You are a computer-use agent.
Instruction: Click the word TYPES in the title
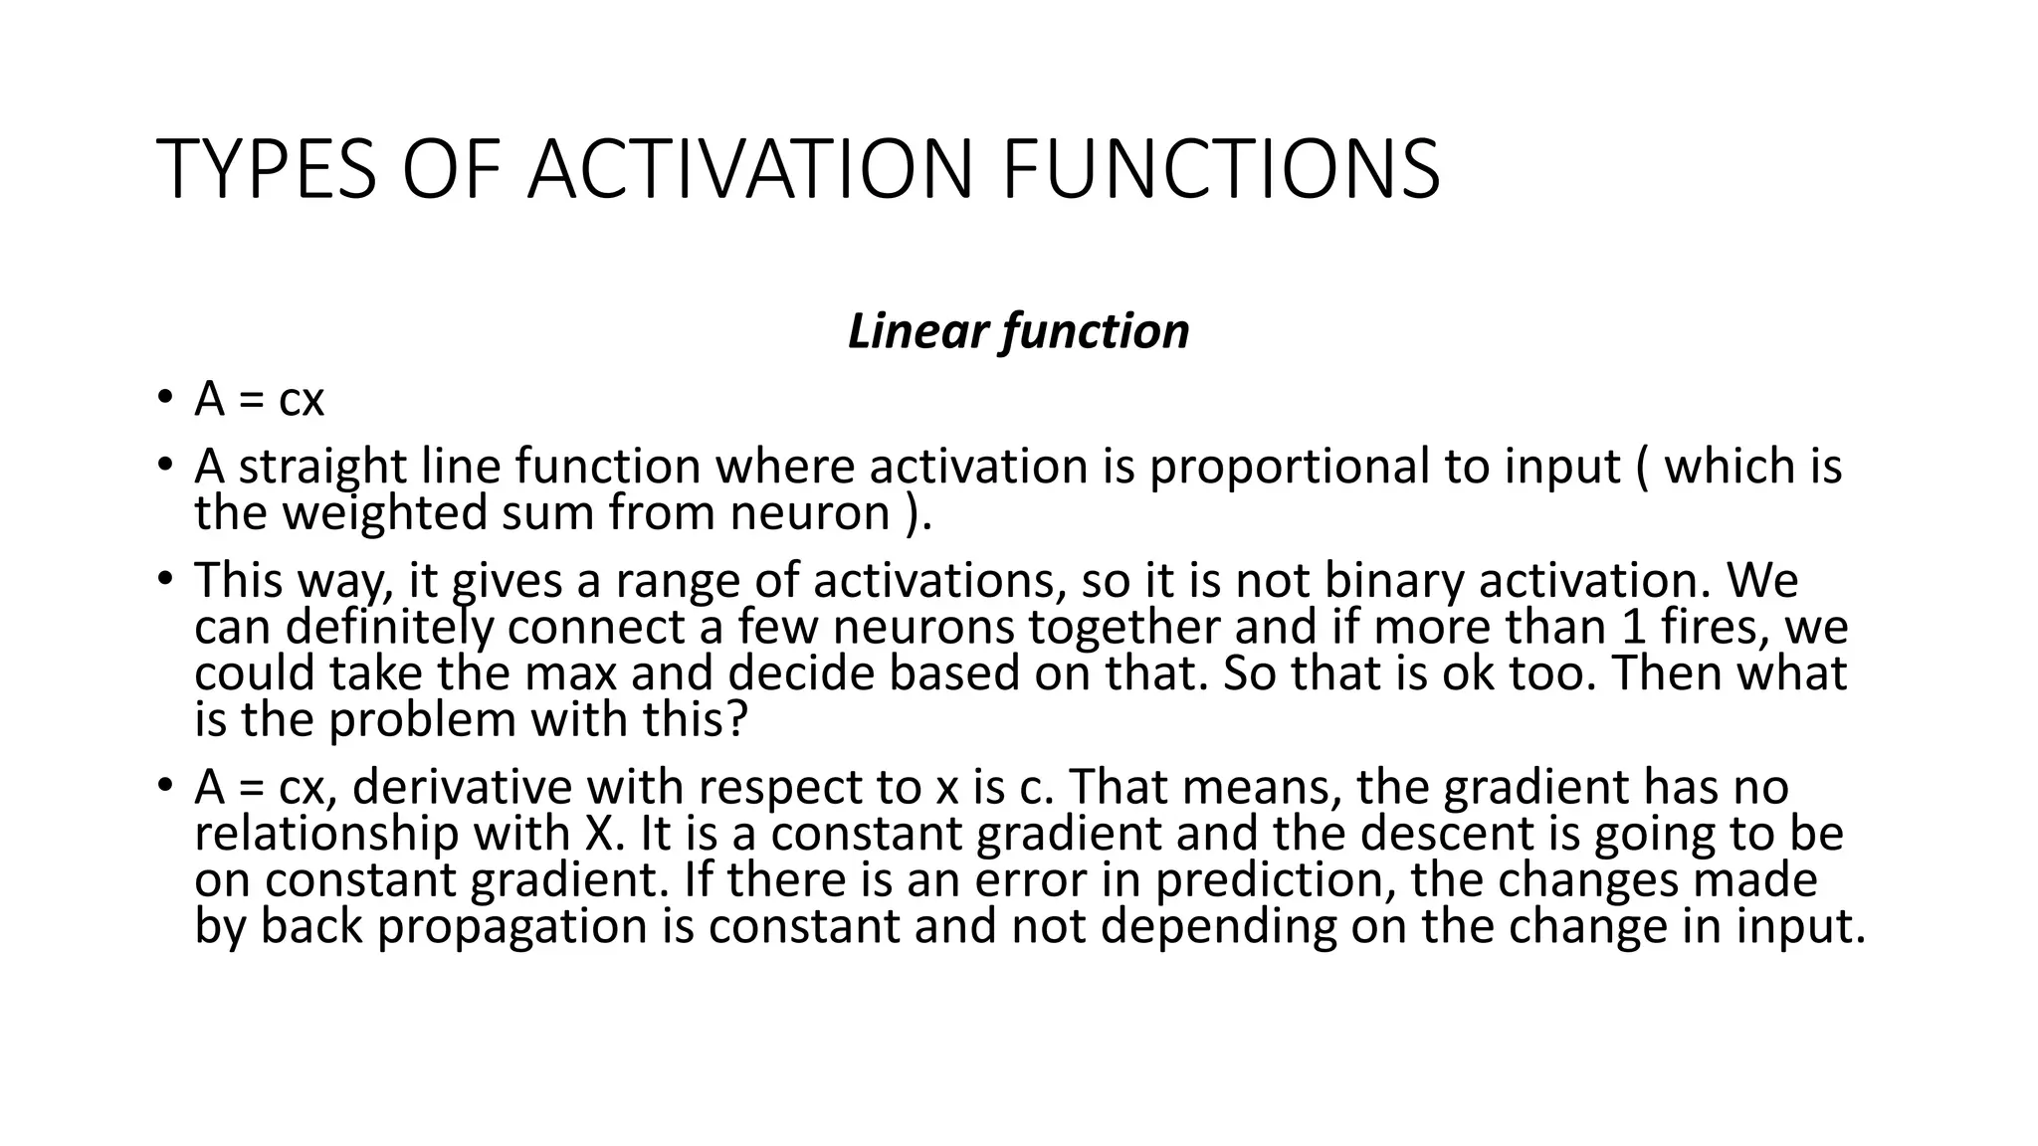(267, 169)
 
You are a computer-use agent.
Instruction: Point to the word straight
(322, 468)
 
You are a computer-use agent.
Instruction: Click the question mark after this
(736, 719)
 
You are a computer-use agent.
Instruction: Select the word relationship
(325, 834)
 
